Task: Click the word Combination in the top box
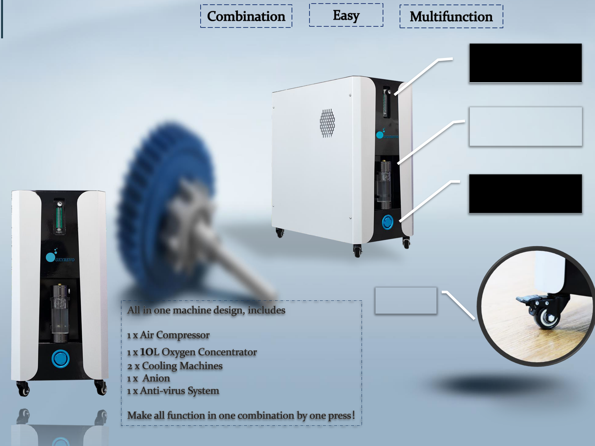pyautogui.click(x=246, y=16)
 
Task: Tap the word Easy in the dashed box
pyautogui.click(x=346, y=15)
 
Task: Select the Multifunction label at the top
pyautogui.click(x=451, y=17)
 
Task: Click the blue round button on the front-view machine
pyautogui.click(x=61, y=359)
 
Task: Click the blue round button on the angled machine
pyautogui.click(x=388, y=222)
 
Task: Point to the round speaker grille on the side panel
pyautogui.click(x=327, y=123)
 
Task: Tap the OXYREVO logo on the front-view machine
pyautogui.click(x=60, y=257)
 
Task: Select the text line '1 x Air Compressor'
pyautogui.click(x=168, y=335)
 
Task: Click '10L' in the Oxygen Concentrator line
pyautogui.click(x=150, y=352)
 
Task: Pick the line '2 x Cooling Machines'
pyautogui.click(x=175, y=366)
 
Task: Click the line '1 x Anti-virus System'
pyautogui.click(x=173, y=391)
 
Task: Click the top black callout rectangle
pyautogui.click(x=525, y=63)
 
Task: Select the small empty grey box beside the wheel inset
pyautogui.click(x=406, y=300)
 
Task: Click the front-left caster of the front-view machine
pyautogui.click(x=24, y=389)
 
